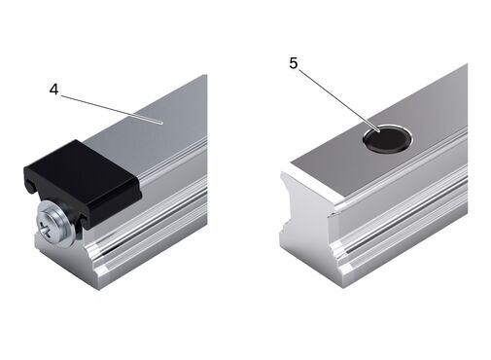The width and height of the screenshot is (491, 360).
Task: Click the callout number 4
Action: pos(53,90)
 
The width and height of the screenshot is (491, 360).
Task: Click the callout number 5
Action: pos(293,63)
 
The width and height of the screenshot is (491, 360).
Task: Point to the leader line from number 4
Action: pos(112,109)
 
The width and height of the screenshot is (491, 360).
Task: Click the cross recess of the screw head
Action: pos(47,230)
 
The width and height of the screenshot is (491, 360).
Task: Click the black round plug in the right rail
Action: pos(386,139)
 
